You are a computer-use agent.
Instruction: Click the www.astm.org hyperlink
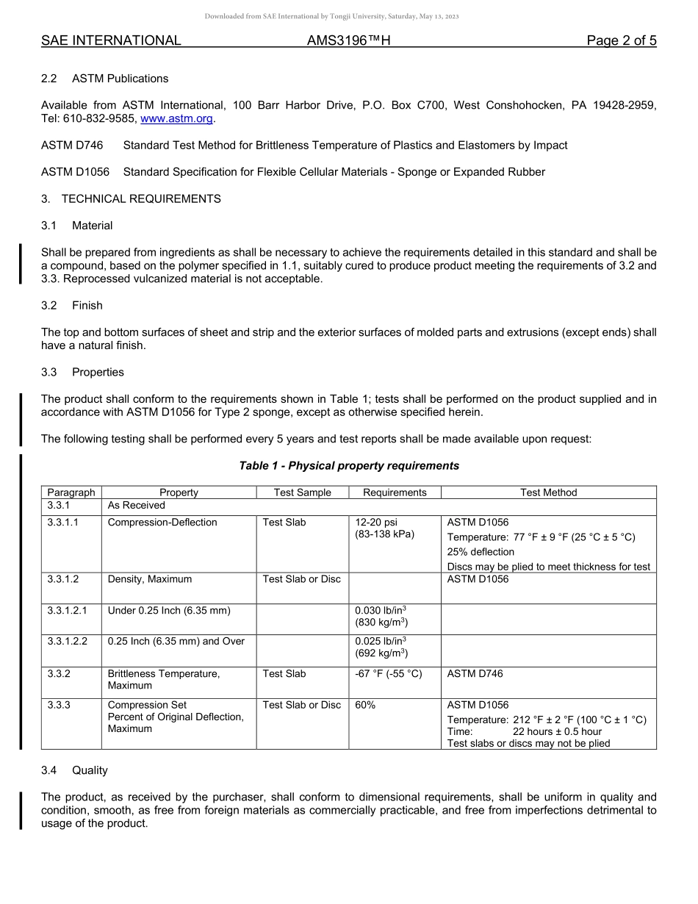(176, 118)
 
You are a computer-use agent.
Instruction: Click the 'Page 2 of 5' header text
(621, 41)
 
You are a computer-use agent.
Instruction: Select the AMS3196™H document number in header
(348, 41)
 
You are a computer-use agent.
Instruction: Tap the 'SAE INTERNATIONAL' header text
(111, 41)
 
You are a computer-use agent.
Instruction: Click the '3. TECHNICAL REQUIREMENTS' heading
(131, 199)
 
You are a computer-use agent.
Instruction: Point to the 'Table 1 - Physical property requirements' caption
(349, 466)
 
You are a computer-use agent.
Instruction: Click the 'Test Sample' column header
(302, 492)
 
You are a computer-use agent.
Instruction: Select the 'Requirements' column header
(395, 492)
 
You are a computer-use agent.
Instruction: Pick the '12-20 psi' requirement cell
(376, 523)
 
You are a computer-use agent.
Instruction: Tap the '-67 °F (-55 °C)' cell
(389, 673)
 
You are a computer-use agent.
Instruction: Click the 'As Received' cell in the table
(137, 506)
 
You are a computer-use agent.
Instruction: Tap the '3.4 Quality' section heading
(74, 770)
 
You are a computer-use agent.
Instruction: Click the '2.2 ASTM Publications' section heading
(105, 79)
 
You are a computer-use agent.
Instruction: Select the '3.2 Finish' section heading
(72, 306)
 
